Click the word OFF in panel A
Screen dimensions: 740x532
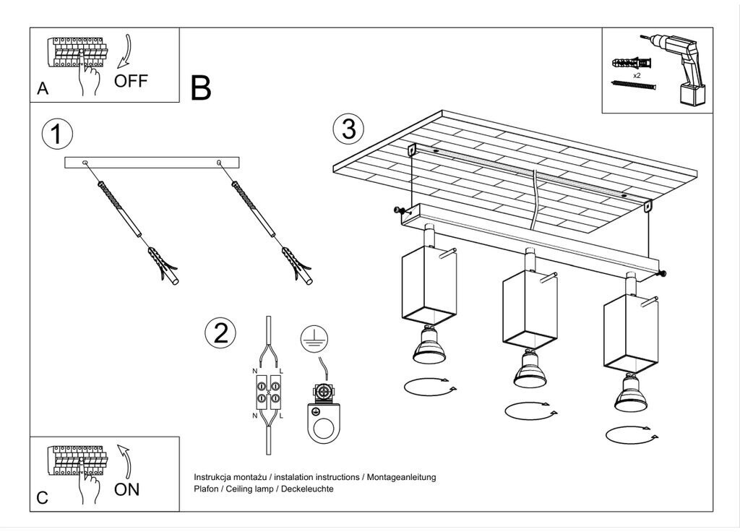point(131,81)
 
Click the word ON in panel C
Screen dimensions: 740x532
point(126,489)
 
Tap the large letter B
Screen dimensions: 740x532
point(201,87)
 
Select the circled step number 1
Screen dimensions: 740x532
point(57,134)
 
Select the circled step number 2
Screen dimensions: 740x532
point(220,332)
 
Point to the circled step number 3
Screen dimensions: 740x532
point(349,129)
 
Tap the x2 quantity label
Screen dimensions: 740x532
point(637,75)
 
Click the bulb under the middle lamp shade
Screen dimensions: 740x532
point(530,369)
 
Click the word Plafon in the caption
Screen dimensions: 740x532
point(206,489)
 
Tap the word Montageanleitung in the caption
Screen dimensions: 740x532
point(402,477)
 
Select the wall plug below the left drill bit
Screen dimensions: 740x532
point(163,265)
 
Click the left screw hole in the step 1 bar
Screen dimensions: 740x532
point(85,163)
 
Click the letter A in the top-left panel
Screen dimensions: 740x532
point(43,88)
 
